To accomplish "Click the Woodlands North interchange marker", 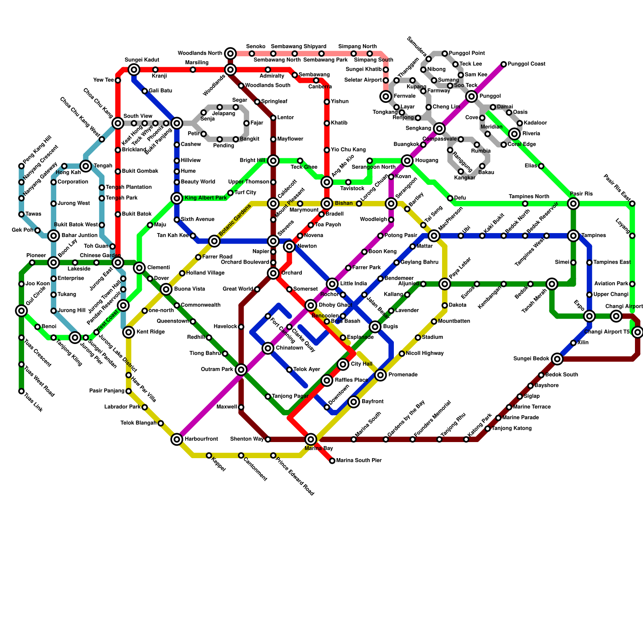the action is (x=230, y=53).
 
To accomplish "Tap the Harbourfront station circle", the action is (x=177, y=439).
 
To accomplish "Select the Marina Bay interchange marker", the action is (x=311, y=439).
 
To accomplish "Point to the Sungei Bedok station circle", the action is (x=557, y=359).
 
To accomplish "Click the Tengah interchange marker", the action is (x=86, y=166).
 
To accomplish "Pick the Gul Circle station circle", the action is (x=21, y=311).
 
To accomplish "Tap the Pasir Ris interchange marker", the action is (x=573, y=204).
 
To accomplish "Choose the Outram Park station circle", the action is (x=241, y=370).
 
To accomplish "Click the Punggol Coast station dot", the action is (x=504, y=64).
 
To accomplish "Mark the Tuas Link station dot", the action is (x=21, y=391).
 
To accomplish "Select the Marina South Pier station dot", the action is (x=332, y=461).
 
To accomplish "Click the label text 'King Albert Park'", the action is (x=206, y=198).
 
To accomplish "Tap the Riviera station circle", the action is (x=514, y=134).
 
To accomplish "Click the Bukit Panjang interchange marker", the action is (x=177, y=123).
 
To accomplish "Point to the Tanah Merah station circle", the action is (x=552, y=284).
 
